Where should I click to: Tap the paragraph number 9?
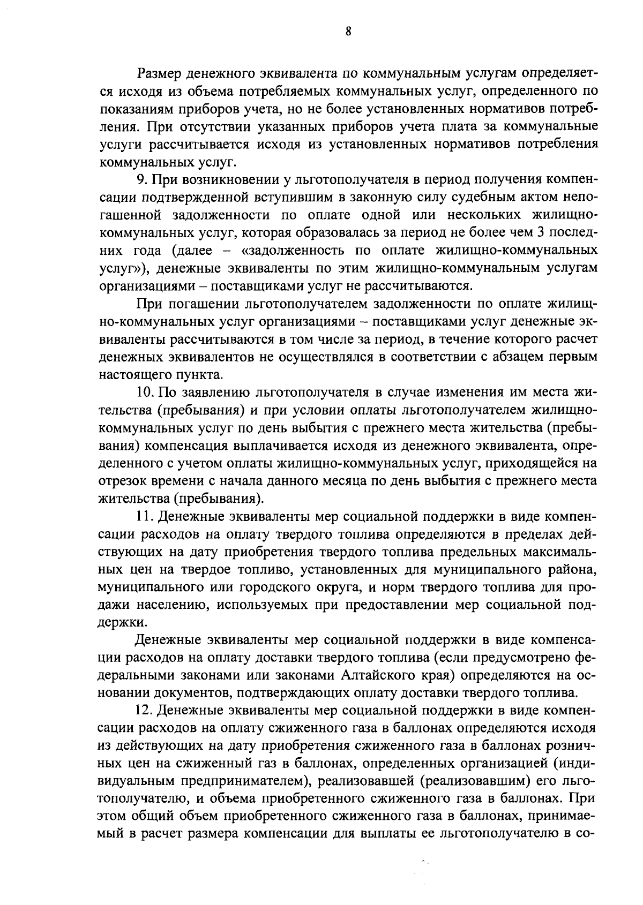[x=140, y=179]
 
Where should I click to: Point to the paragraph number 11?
[x=144, y=517]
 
